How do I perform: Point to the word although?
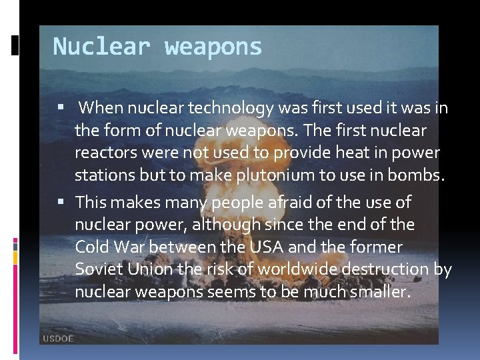coord(220,224)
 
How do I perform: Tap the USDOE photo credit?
coord(58,339)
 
